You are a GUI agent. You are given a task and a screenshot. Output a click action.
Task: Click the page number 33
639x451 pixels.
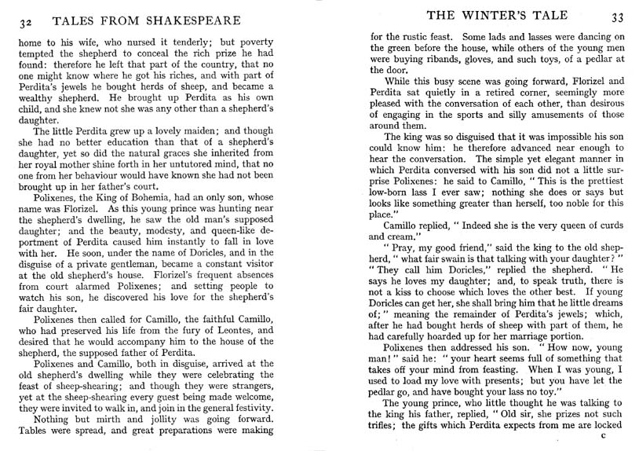tap(617, 17)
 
